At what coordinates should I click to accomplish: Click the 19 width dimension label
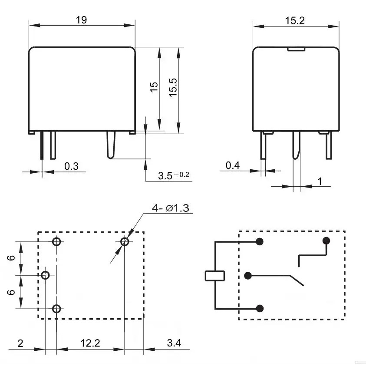coord(82,20)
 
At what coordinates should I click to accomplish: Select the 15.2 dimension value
coord(295,21)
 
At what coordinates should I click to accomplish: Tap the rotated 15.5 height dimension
coord(173,87)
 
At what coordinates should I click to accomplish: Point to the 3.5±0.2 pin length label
coord(173,175)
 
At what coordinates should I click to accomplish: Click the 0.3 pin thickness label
coord(71,166)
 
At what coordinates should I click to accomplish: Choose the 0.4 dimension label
coord(233,165)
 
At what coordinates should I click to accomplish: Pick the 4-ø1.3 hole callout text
coord(170,208)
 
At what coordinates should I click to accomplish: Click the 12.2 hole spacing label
coord(90,343)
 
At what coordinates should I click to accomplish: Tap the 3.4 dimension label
coord(174,343)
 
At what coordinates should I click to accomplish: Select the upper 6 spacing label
coord(11,258)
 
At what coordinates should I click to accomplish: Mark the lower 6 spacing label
coord(11,292)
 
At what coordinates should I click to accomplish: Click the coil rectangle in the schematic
coord(215,276)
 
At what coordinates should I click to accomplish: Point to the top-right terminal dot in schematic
coord(326,241)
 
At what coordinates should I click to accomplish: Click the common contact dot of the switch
coord(248,276)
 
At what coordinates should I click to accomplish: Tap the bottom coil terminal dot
coord(260,308)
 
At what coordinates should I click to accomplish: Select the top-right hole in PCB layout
coord(125,241)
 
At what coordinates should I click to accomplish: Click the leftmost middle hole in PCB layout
coord(45,275)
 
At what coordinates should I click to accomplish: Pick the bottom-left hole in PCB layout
coord(56,309)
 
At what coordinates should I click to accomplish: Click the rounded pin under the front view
coord(111,145)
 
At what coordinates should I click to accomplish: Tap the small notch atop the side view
coord(296,49)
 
